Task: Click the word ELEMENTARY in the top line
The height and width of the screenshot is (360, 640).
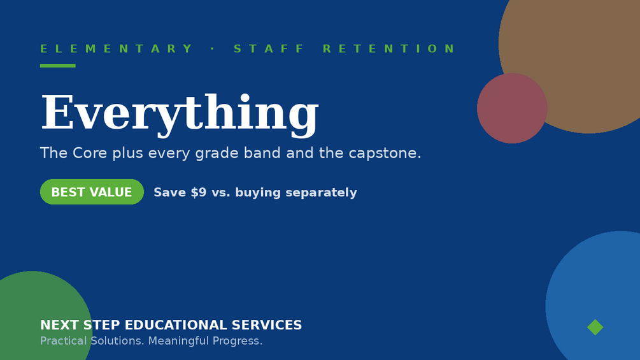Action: point(116,48)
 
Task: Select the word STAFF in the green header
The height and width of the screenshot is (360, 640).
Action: point(269,48)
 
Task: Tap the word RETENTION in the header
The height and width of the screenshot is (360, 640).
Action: point(388,48)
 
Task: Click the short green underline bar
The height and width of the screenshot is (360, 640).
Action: point(57,66)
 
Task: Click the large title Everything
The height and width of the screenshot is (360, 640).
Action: point(180,113)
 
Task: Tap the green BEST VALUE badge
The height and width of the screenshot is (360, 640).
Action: point(92,192)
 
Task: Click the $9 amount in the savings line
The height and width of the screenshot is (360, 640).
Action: point(199,192)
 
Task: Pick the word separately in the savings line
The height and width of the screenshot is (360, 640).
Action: point(321,192)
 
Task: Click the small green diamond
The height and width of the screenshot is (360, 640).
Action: point(595,327)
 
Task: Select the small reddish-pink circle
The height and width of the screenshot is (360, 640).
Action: point(512,108)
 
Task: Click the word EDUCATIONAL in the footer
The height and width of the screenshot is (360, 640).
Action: point(176,325)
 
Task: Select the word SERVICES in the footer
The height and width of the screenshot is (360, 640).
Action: point(267,325)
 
